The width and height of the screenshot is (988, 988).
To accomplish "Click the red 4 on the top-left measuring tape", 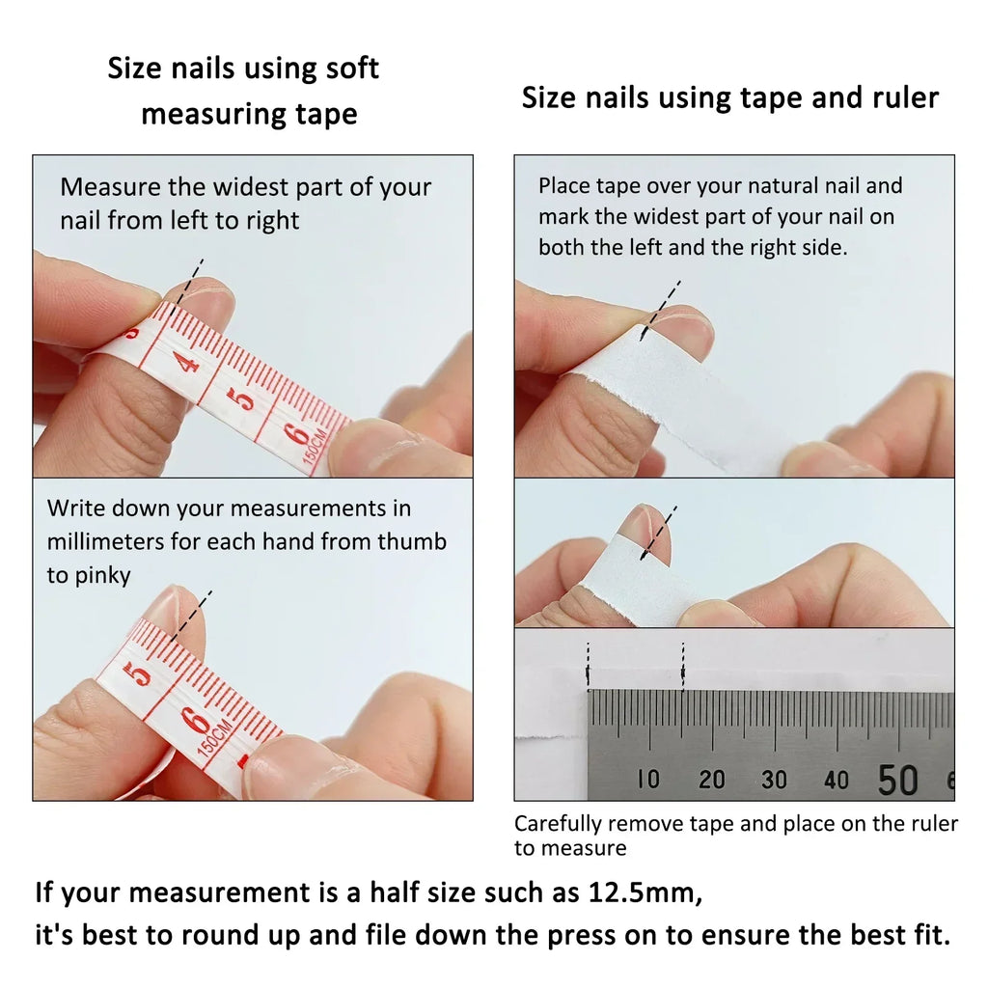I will (186, 362).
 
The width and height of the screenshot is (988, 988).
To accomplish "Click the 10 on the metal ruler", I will (648, 779).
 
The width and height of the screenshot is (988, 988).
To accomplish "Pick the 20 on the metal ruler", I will (711, 779).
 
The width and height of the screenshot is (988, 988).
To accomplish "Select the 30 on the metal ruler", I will (774, 779).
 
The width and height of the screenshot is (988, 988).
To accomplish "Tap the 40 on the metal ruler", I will (837, 779).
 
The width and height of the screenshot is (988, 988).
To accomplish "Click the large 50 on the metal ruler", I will (897, 780).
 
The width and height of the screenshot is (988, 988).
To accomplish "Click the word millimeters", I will (105, 541).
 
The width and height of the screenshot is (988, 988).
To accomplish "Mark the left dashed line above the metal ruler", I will (588, 666).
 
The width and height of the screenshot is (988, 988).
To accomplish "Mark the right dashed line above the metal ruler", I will (683, 666).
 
